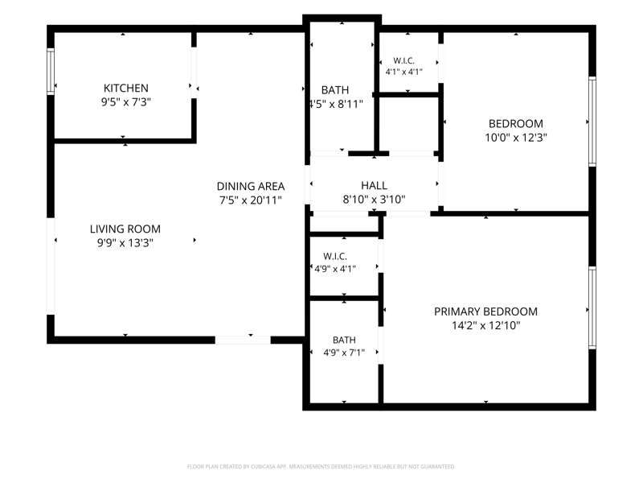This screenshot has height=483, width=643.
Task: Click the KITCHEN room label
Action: pos(126,88)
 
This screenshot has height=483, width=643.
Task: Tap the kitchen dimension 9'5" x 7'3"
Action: pos(126,102)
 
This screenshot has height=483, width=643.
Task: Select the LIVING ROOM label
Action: pos(125,229)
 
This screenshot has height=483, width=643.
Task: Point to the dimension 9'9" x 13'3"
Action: pos(125,243)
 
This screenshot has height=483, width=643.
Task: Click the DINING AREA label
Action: pos(251,187)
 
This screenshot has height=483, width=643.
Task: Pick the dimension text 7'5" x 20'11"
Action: pos(251,200)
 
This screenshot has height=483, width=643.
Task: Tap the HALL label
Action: pos(374,186)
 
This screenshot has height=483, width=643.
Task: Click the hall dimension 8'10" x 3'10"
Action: pos(374,200)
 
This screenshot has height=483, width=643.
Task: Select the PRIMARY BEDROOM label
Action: pos(486,312)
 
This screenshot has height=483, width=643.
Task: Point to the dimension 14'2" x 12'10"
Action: pos(486,326)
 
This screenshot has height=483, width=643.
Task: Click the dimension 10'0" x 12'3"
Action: pos(516,138)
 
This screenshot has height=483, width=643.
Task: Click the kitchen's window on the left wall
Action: pos(51,72)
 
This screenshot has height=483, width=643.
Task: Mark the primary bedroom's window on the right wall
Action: pos(592,308)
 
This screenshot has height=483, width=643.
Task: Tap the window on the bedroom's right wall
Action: pos(592,122)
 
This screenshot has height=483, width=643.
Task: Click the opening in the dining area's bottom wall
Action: pos(243,340)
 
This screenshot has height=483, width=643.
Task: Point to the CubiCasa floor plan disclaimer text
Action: pos(321,467)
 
